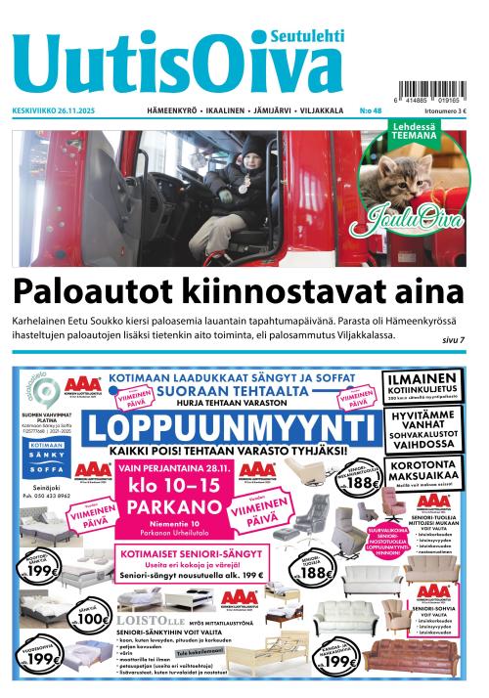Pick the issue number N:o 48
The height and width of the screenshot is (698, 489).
tap(371, 111)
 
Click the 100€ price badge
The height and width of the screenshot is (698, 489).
tap(89, 617)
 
